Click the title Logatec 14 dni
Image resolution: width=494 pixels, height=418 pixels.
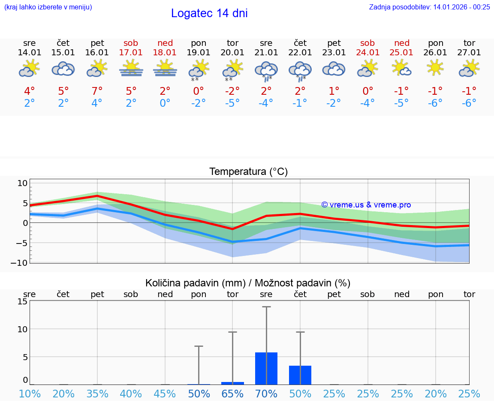click(x=209, y=13)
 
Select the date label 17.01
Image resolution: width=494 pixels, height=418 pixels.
click(x=131, y=53)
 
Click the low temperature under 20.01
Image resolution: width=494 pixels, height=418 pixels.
click(x=232, y=103)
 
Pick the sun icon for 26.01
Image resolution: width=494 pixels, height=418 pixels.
click(x=436, y=68)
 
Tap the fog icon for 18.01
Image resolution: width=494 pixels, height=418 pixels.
click(x=165, y=69)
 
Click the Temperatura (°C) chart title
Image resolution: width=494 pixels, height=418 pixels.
click(x=248, y=172)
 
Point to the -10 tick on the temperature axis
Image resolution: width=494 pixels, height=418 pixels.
click(x=22, y=262)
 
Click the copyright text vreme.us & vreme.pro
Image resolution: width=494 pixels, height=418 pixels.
click(x=366, y=205)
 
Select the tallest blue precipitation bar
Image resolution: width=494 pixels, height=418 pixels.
click(x=266, y=368)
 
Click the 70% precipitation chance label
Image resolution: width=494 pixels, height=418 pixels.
click(x=266, y=394)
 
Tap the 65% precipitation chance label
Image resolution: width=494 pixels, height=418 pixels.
click(x=232, y=394)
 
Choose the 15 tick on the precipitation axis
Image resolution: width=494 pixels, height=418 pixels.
click(x=23, y=301)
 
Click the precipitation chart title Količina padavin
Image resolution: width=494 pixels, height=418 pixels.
click(x=248, y=283)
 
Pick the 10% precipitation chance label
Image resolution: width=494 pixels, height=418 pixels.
click(x=30, y=394)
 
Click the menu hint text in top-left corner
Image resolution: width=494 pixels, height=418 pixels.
click(x=48, y=7)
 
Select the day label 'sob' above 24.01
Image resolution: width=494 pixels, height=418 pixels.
click(x=367, y=43)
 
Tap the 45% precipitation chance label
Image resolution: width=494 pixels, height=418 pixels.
click(x=165, y=394)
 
